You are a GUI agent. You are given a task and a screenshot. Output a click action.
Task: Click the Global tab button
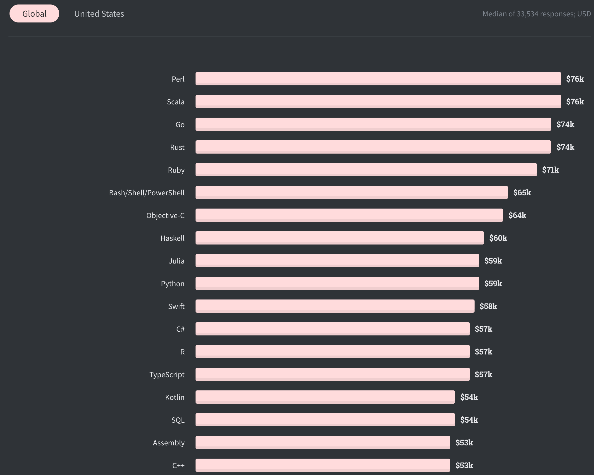[x=34, y=13]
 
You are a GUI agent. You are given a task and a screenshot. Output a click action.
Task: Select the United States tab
[x=99, y=13]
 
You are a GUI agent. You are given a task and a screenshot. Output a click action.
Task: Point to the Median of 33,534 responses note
[x=536, y=14]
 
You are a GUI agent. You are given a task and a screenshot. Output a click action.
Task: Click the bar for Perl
[x=378, y=79]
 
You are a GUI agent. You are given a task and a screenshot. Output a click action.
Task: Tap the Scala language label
[x=175, y=102]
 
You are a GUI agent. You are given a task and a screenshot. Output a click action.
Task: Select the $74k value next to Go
[x=565, y=124]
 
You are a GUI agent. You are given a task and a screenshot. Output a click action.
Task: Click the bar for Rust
[x=373, y=147]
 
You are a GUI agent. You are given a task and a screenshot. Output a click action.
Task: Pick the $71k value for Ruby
[x=550, y=170]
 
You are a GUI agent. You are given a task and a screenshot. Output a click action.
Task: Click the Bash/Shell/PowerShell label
[x=147, y=193]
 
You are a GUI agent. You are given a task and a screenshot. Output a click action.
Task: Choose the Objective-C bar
[x=349, y=215]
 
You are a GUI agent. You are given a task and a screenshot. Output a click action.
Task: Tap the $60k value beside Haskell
[x=498, y=238]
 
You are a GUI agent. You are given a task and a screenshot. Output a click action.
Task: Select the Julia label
[x=176, y=261]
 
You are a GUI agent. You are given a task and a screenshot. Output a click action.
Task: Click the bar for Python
[x=337, y=283]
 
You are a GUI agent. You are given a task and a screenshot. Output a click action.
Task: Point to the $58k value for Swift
[x=488, y=306]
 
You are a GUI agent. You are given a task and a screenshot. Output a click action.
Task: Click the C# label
[x=180, y=329]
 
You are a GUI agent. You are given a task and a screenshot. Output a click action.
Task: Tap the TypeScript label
[x=167, y=374]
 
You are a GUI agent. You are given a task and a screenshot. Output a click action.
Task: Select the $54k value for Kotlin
[x=469, y=397]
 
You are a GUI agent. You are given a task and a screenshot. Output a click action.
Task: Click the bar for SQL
[x=325, y=419]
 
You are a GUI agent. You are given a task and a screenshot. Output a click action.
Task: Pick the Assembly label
[x=169, y=443]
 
